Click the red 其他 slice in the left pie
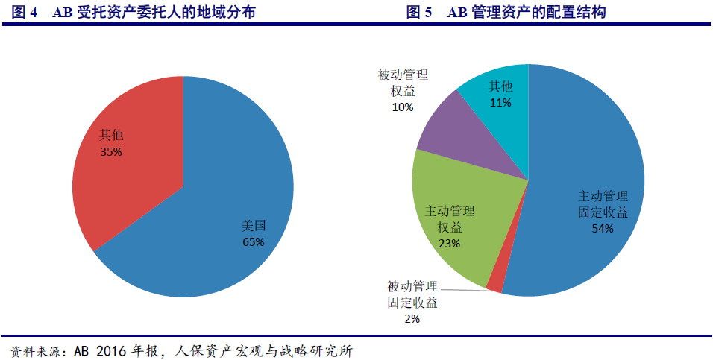127,171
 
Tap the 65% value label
254,242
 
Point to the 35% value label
111,152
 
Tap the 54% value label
603,229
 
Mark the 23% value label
449,243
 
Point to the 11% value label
500,103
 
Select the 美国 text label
254,226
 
